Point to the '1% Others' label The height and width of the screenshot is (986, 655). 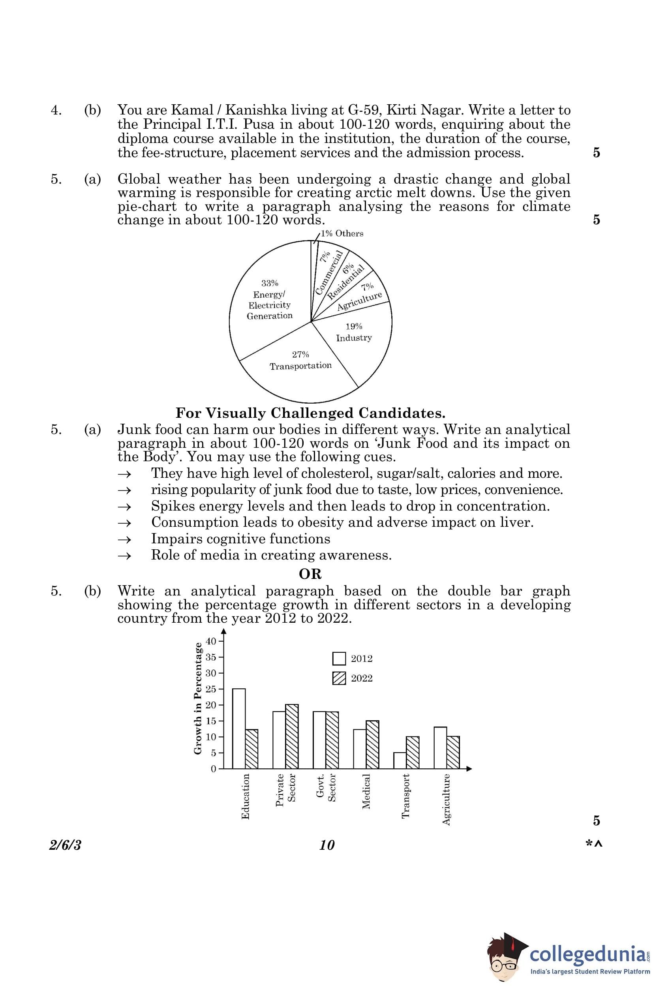click(x=342, y=233)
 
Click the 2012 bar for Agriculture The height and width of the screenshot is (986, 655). click(x=440, y=747)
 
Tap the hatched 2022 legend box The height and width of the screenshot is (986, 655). click(x=339, y=678)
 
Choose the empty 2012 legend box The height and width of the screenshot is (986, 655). click(x=339, y=658)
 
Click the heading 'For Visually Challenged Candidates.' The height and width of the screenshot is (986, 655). click(x=310, y=413)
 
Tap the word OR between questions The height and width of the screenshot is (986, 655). click(x=310, y=574)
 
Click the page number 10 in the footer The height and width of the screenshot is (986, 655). click(x=327, y=845)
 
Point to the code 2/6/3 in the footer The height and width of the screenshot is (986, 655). click(x=65, y=845)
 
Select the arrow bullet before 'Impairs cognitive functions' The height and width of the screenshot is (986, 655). click(x=124, y=539)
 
